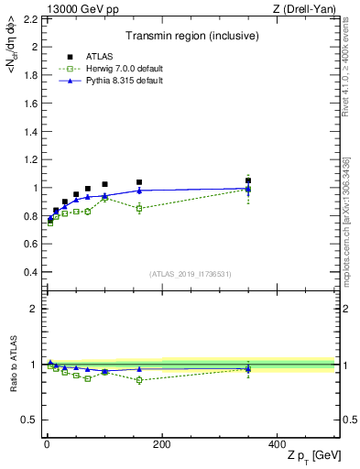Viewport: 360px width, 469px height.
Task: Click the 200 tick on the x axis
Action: point(161,444)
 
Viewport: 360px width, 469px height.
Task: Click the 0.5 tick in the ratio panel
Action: point(30,420)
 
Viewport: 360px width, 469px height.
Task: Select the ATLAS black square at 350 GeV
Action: point(247,180)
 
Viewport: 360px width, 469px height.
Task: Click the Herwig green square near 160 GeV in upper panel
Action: point(139,209)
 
